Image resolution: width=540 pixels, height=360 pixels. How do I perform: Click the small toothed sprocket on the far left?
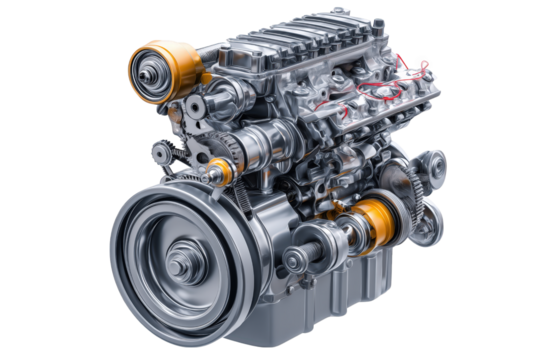point(159,153)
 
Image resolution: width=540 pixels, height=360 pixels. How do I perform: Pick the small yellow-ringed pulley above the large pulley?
point(220,170)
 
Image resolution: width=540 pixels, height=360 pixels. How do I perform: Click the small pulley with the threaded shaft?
point(298,261)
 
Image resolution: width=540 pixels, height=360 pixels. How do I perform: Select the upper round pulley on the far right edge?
point(432,164)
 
